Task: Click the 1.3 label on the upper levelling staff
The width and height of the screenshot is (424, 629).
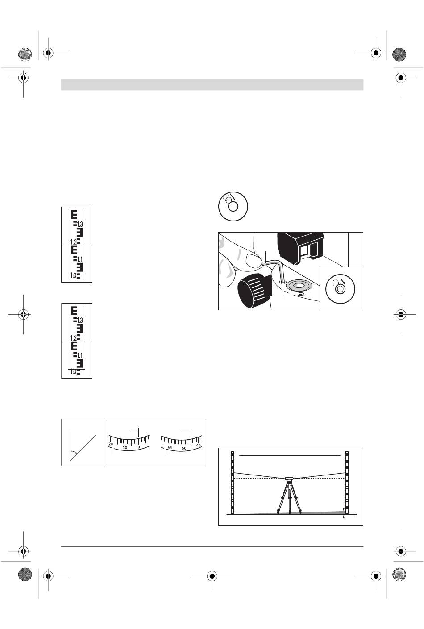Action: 80,224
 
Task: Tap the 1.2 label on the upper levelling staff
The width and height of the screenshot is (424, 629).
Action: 73,242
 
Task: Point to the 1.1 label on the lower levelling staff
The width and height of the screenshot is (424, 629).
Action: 80,356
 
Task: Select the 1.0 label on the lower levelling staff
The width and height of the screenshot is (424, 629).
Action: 73,372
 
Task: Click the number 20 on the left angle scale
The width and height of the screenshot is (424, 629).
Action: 111,444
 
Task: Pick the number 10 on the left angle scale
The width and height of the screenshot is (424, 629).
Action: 125,447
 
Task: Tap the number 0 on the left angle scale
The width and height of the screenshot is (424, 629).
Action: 139,447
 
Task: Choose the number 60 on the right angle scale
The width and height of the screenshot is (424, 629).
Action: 170,447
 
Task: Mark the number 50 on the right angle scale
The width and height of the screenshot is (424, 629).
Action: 184,448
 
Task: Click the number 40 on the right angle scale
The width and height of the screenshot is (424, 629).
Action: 199,446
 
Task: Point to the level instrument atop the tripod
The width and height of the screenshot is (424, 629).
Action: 289,478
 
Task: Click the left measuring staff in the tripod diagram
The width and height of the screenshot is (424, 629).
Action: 233,483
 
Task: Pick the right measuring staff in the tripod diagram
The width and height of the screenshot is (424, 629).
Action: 347,483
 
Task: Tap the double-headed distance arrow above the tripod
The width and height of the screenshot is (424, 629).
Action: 290,456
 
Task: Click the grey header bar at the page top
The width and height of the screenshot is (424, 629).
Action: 212,84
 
